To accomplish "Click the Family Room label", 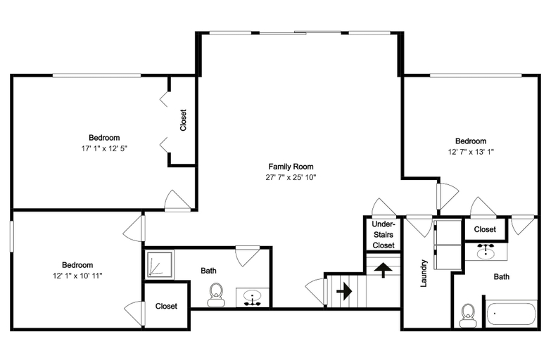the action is (291, 167).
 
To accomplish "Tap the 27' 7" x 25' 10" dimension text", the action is (291, 177).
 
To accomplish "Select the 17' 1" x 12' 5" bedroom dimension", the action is (104, 148).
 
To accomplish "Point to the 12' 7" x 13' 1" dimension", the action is (471, 152).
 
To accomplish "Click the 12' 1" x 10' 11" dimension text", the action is (77, 276).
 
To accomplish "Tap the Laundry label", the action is (424, 274).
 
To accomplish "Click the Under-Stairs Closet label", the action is (384, 235).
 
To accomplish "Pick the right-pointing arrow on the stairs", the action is (344, 291).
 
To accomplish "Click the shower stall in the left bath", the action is (160, 264).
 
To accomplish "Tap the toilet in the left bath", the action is (216, 295).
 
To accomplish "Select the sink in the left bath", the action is (253, 297).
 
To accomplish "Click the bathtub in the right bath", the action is (512, 314).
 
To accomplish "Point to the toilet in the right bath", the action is (468, 316).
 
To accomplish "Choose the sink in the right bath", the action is (486, 251).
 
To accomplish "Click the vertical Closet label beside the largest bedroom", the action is (183, 120).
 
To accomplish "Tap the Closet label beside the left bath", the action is (166, 307).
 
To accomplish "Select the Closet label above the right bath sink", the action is (485, 229).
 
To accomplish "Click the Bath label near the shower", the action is (208, 271).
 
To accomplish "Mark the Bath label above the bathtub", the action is (502, 277).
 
